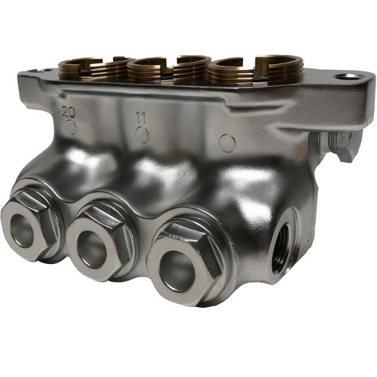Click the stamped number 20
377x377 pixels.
69,112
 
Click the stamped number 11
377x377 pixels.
141,118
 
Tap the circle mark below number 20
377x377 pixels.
71,127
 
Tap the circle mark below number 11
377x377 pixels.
143,134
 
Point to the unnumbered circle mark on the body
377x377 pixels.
228,143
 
